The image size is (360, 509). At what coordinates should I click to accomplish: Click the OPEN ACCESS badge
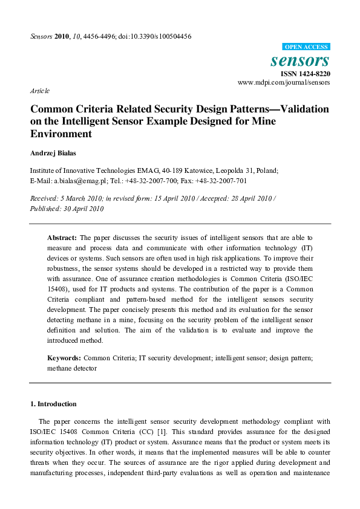[306, 47]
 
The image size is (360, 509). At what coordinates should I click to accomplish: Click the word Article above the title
[39, 91]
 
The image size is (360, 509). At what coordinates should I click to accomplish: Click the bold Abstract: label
[62, 238]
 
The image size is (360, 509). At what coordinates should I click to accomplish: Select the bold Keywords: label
[64, 358]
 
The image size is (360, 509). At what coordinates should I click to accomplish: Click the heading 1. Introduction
[53, 404]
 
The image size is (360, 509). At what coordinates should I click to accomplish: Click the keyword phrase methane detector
[72, 368]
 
